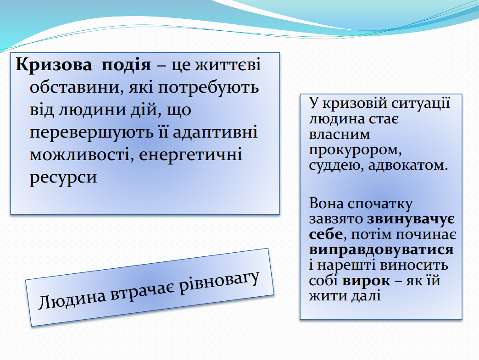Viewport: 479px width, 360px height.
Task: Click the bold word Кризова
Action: [x=54, y=65]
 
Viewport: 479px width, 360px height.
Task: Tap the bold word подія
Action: [x=126, y=65]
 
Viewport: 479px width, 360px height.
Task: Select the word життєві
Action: [x=228, y=65]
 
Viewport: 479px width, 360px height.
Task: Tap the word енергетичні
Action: [x=190, y=155]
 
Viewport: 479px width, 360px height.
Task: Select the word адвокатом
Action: [x=408, y=165]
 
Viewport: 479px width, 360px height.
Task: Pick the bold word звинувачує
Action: [x=411, y=219]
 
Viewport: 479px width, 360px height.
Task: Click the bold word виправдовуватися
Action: [x=381, y=250]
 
